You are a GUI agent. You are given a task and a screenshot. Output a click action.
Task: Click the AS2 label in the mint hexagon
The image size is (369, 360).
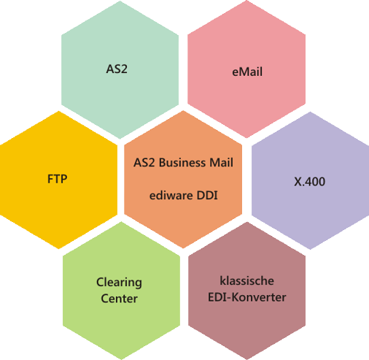[x=117, y=69]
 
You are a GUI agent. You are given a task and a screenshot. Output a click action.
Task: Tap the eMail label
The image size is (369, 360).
[x=247, y=72]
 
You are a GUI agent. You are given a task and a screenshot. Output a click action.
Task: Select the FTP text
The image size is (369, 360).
[x=58, y=179]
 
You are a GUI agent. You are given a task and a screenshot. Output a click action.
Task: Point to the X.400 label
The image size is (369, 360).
[x=309, y=182]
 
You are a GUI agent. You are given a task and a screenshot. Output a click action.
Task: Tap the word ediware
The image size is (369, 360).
[x=171, y=196]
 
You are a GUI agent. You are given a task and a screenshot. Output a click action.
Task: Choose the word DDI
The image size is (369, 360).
[x=207, y=196]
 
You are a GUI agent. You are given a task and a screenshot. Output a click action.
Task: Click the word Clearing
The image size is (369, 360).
[x=119, y=283]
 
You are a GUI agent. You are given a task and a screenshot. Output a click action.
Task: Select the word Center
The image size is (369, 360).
[x=119, y=299]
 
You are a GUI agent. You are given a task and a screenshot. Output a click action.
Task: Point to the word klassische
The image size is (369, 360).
[x=246, y=280]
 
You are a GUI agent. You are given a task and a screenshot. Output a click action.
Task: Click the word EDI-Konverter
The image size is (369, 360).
[x=246, y=297]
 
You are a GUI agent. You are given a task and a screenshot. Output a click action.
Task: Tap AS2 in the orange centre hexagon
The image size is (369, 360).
[x=144, y=163]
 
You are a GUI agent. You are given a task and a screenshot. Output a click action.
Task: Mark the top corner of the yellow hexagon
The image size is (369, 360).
[x=58, y=111]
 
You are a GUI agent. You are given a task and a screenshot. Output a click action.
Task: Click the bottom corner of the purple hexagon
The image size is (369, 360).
[x=310, y=249]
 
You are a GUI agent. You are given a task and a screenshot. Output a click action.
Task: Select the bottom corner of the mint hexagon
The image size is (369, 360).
[x=120, y=139]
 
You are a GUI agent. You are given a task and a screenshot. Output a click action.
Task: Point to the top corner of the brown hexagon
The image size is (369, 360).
[x=247, y=222]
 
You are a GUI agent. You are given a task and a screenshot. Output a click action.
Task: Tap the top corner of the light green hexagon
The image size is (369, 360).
[x=121, y=222]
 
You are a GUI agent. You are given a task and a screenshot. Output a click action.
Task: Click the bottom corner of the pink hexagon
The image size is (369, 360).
[x=246, y=138]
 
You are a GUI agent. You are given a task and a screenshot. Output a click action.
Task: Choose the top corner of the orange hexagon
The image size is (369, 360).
[x=183, y=111]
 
